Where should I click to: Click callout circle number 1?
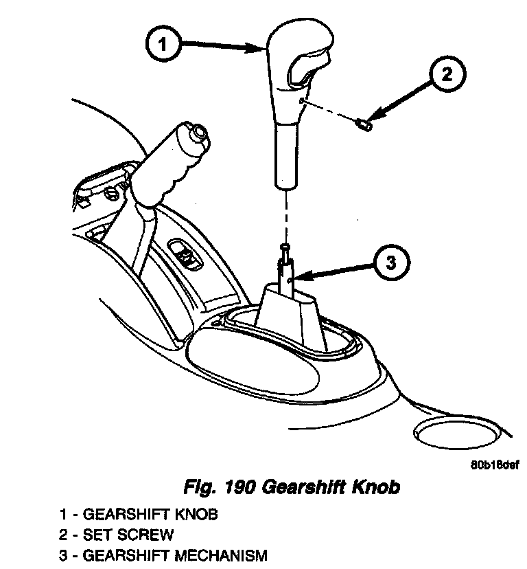pos(163,47)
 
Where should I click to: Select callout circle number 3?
pos(390,263)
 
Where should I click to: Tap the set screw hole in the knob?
pos(302,100)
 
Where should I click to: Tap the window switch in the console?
pos(185,255)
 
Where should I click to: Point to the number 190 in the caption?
pos(240,489)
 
